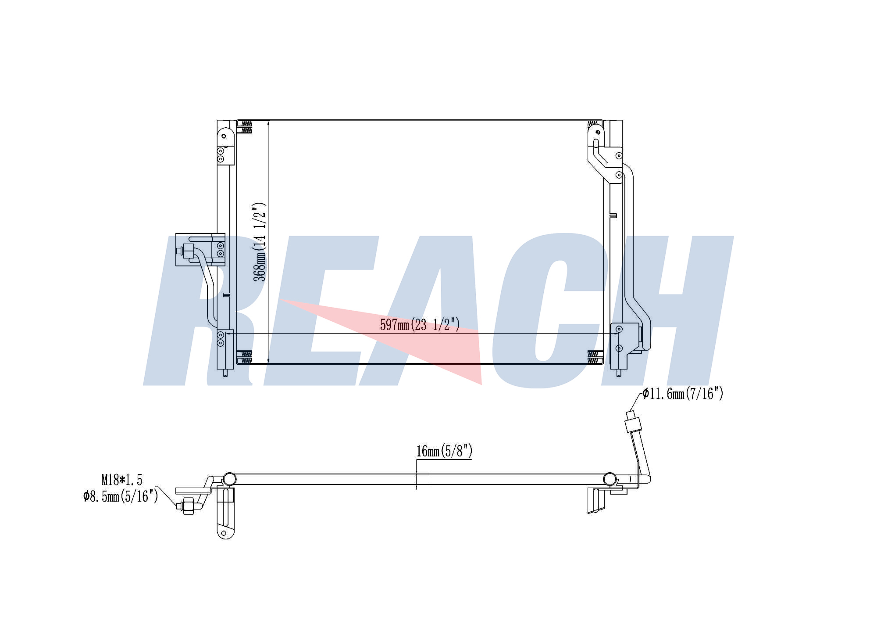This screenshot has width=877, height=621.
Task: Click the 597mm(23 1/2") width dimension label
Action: click(420, 325)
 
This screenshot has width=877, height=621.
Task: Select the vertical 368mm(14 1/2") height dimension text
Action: click(260, 242)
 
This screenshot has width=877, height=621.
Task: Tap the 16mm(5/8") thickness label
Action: click(444, 451)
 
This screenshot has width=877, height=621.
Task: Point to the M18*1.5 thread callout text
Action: click(122, 480)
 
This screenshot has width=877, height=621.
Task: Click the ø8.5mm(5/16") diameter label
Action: click(121, 496)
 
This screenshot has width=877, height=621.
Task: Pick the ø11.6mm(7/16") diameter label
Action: click(683, 394)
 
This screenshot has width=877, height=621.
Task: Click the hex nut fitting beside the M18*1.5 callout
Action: click(189, 506)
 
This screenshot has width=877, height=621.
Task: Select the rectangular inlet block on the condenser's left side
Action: click(200, 250)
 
